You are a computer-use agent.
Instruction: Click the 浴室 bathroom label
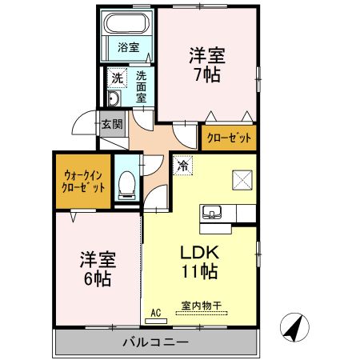pyautogui.click(x=128, y=47)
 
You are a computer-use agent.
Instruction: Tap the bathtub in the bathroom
pyautogui.click(x=128, y=22)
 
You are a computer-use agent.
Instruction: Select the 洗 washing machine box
pyautogui.click(x=118, y=78)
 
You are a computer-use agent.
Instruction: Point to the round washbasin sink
pyautogui.click(x=114, y=99)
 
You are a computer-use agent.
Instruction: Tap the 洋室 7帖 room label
pyautogui.click(x=206, y=64)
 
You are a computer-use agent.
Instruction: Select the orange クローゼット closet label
pyautogui.click(x=230, y=138)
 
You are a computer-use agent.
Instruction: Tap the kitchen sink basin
pyautogui.click(x=214, y=212)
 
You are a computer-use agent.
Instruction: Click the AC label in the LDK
pyautogui.click(x=156, y=313)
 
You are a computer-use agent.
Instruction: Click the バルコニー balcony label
pyautogui.click(x=155, y=342)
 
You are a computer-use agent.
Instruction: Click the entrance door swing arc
pyautogui.click(x=82, y=128)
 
